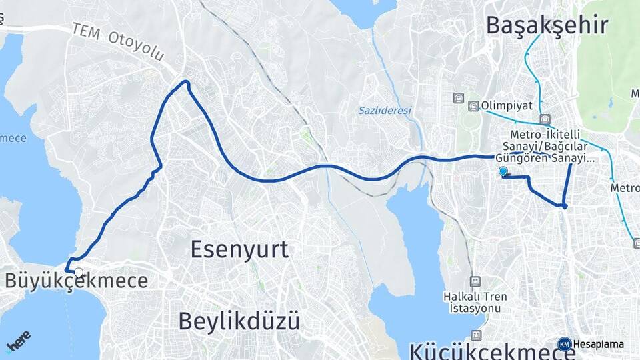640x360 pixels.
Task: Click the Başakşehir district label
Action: (x=547, y=25)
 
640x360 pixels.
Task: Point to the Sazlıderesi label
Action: (x=385, y=110)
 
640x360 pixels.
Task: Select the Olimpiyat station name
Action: (x=507, y=106)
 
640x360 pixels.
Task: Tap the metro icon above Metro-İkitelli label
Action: (x=546, y=120)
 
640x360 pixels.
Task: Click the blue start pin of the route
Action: (x=503, y=172)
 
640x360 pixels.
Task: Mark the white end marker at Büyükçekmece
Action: (x=79, y=272)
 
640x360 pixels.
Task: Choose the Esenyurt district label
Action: (x=239, y=249)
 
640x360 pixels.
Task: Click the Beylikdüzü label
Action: (x=239, y=321)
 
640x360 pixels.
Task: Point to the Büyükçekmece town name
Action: (x=76, y=281)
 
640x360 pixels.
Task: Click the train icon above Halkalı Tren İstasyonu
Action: (x=475, y=281)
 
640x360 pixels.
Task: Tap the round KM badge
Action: (x=565, y=345)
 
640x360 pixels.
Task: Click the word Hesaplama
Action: (x=598, y=345)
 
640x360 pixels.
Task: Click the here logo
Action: (x=19, y=341)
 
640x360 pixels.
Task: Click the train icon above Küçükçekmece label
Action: (x=476, y=335)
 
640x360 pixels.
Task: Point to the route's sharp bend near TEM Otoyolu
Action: (x=186, y=83)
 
